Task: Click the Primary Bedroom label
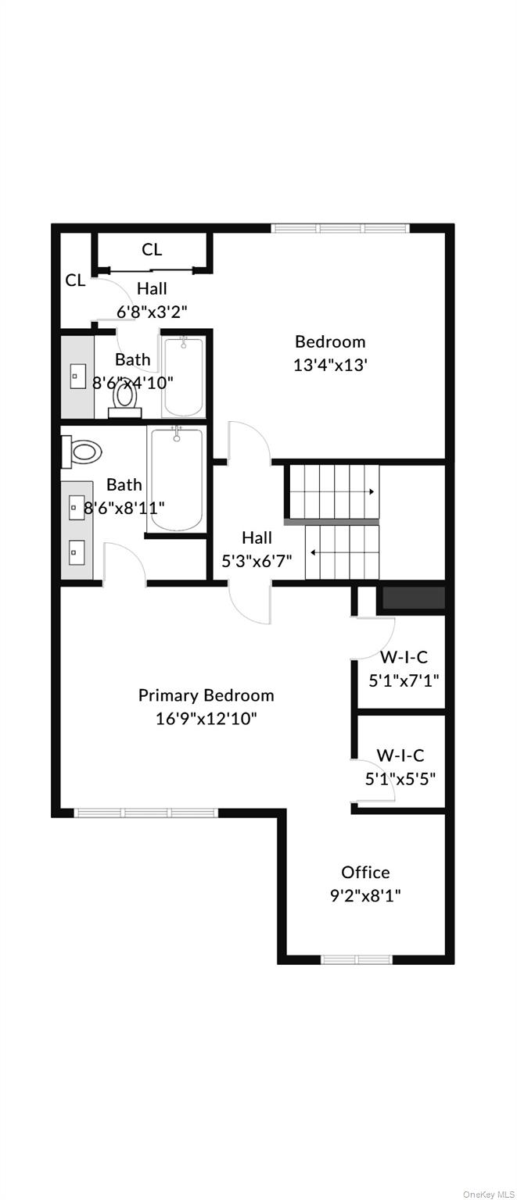point(206,695)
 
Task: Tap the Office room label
point(365,872)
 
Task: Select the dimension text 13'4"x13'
point(330,364)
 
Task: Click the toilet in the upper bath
point(124,397)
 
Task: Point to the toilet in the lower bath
point(83,451)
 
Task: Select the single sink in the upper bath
point(77,376)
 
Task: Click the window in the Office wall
point(357,959)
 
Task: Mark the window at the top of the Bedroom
point(340,229)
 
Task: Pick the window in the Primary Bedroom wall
point(145,813)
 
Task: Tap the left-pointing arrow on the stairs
point(313,552)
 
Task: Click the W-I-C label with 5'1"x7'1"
point(404,657)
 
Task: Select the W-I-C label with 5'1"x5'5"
point(400,755)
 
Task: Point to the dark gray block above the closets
point(411,598)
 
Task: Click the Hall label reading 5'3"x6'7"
point(257,537)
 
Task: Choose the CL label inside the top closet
point(152,249)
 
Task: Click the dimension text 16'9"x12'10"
point(206,717)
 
